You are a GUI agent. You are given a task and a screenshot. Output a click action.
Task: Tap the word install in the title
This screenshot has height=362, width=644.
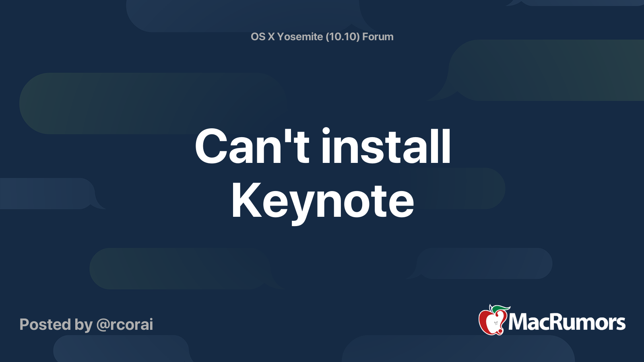coord(386,146)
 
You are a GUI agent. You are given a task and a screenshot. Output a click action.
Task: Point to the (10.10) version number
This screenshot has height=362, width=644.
coord(343,37)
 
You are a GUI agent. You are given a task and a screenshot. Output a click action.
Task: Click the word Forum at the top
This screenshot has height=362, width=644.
coord(378,37)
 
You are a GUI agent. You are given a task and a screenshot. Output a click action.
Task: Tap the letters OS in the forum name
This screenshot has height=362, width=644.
coord(258,37)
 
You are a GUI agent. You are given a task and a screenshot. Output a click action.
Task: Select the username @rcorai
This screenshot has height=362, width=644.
coord(125,325)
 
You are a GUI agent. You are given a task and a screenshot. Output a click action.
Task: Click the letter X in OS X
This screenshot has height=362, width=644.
coord(271,37)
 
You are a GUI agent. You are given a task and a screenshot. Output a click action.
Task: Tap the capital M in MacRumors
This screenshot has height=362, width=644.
coord(519,322)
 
